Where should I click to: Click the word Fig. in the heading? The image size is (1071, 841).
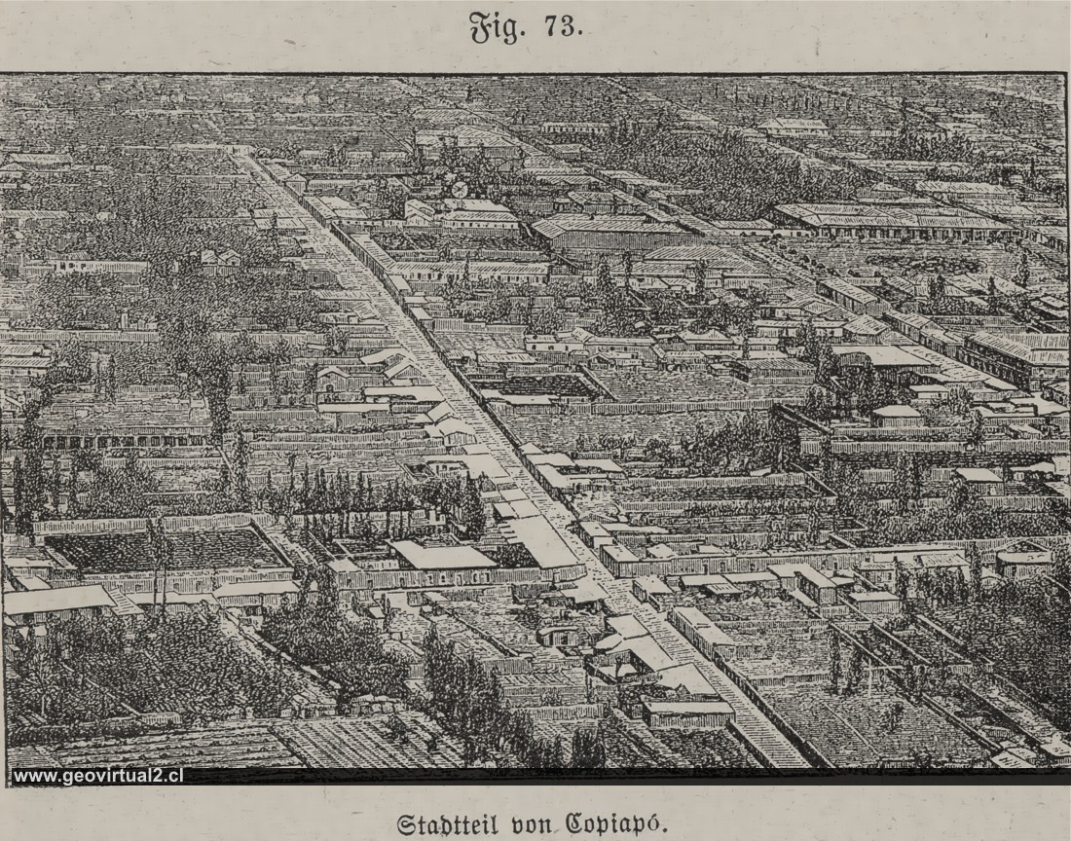click(497, 27)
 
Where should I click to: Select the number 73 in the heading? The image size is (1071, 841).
click(564, 26)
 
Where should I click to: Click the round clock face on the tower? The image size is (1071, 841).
click(459, 189)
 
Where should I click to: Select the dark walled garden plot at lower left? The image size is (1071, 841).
click(166, 550)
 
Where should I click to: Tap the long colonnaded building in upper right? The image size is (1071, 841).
click(891, 222)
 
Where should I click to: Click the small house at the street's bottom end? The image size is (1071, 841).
click(687, 713)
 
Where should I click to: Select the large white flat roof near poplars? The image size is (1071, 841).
click(443, 556)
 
